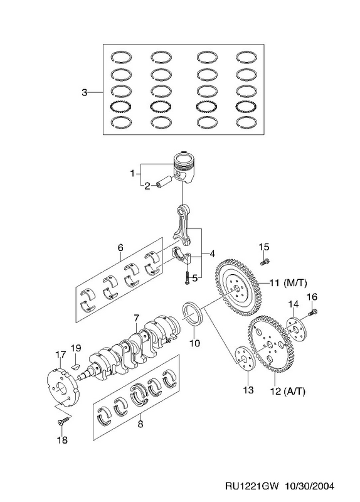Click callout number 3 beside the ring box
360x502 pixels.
[84, 93]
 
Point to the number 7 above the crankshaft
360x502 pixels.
[137, 318]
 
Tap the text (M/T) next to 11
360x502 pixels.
[295, 283]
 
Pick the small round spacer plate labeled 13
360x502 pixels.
[245, 359]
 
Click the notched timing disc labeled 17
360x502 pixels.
[62, 388]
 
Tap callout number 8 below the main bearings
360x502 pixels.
[140, 424]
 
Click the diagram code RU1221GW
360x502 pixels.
[253, 486]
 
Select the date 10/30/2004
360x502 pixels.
[309, 486]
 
